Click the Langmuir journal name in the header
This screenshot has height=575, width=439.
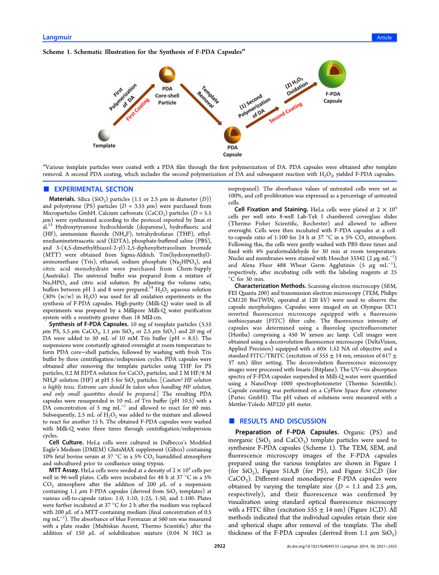[x=57, y=37]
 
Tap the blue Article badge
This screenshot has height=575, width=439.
[x=384, y=37]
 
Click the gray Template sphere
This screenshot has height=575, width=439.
[x=104, y=135]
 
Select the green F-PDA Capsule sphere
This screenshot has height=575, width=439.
[x=332, y=74]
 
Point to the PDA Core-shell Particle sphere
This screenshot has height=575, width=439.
[x=167, y=75]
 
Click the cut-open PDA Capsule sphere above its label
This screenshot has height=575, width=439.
[x=232, y=135]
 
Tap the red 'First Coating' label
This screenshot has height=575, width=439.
[x=138, y=110]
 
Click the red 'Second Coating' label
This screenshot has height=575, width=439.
[x=285, y=112]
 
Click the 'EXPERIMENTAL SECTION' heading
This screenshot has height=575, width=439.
[x=93, y=189]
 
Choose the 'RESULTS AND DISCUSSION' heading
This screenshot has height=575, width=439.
[x=283, y=421]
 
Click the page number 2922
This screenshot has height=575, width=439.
[x=219, y=546]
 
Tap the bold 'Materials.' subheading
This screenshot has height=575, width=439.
[x=62, y=199]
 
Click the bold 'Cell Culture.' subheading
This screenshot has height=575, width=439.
[x=66, y=443]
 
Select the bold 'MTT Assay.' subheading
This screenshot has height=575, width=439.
[x=64, y=470]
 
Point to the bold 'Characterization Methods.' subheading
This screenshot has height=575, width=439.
[x=270, y=286]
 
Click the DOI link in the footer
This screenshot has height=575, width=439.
[x=313, y=547]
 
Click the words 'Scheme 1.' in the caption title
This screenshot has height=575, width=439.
[x=57, y=52]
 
